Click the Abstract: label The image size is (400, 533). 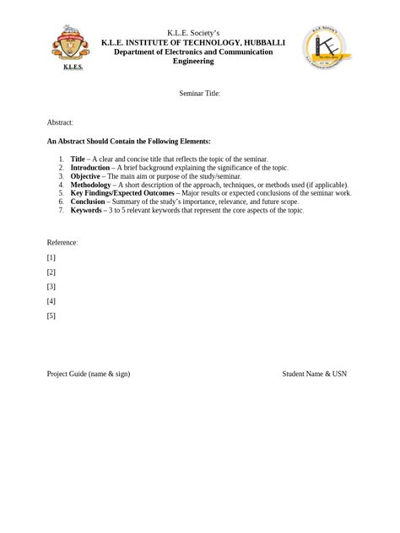coord(61,123)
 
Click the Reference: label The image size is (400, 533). coord(62,242)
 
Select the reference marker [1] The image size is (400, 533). coord(51,257)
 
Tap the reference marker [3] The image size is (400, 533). coord(51,287)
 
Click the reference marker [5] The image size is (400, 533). coord(51,316)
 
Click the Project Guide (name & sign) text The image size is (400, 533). coord(89,374)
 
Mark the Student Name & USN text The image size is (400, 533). coord(314,374)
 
